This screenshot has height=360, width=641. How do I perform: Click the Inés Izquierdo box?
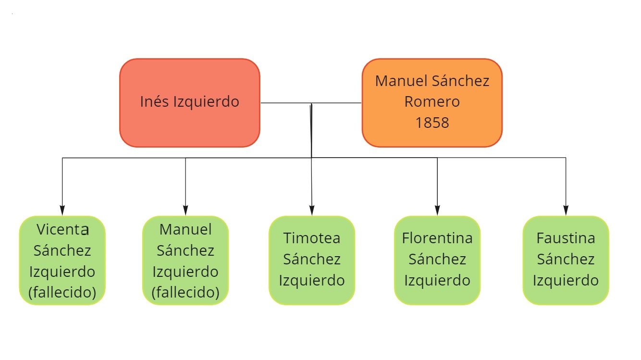coord(190,103)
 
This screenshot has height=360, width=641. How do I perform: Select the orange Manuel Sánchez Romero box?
coord(432,103)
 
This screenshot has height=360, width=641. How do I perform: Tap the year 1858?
coord(432,123)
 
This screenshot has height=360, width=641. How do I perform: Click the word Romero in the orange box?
coord(432,101)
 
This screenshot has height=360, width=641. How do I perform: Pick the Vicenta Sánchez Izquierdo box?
coord(62,261)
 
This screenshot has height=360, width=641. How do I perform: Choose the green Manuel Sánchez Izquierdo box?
coord(185,261)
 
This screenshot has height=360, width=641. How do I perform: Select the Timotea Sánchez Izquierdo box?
coord(312,261)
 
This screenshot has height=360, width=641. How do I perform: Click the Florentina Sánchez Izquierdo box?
coord(437,261)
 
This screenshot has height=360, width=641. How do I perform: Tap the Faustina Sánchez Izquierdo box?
coord(566,261)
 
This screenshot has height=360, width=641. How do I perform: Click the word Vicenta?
coord(62,230)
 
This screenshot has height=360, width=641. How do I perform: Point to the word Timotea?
coord(312,238)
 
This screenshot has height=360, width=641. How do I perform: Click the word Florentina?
coord(437,238)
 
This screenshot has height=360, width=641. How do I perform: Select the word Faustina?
coord(566,238)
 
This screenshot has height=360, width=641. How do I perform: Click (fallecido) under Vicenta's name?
coord(62,292)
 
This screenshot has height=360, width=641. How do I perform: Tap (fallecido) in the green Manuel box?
coord(185,292)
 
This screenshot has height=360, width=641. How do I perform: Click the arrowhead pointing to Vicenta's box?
coord(62,211)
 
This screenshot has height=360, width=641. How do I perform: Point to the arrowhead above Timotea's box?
coord(312,211)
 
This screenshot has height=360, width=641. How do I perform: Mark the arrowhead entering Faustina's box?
coord(566,211)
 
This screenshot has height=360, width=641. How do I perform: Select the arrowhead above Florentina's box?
coord(437,211)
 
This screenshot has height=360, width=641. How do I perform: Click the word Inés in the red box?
coord(154,101)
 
